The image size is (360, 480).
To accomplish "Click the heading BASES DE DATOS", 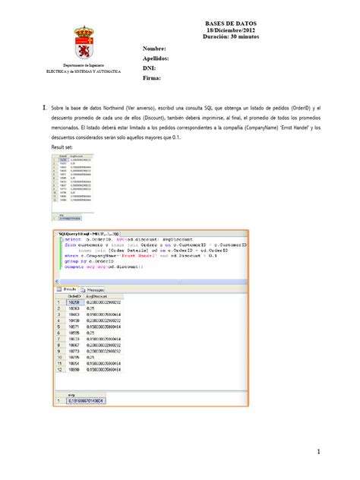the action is [x=227, y=24].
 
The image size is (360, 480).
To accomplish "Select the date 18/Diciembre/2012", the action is [x=227, y=31].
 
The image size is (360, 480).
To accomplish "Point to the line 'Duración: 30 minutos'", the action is [x=227, y=38].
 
